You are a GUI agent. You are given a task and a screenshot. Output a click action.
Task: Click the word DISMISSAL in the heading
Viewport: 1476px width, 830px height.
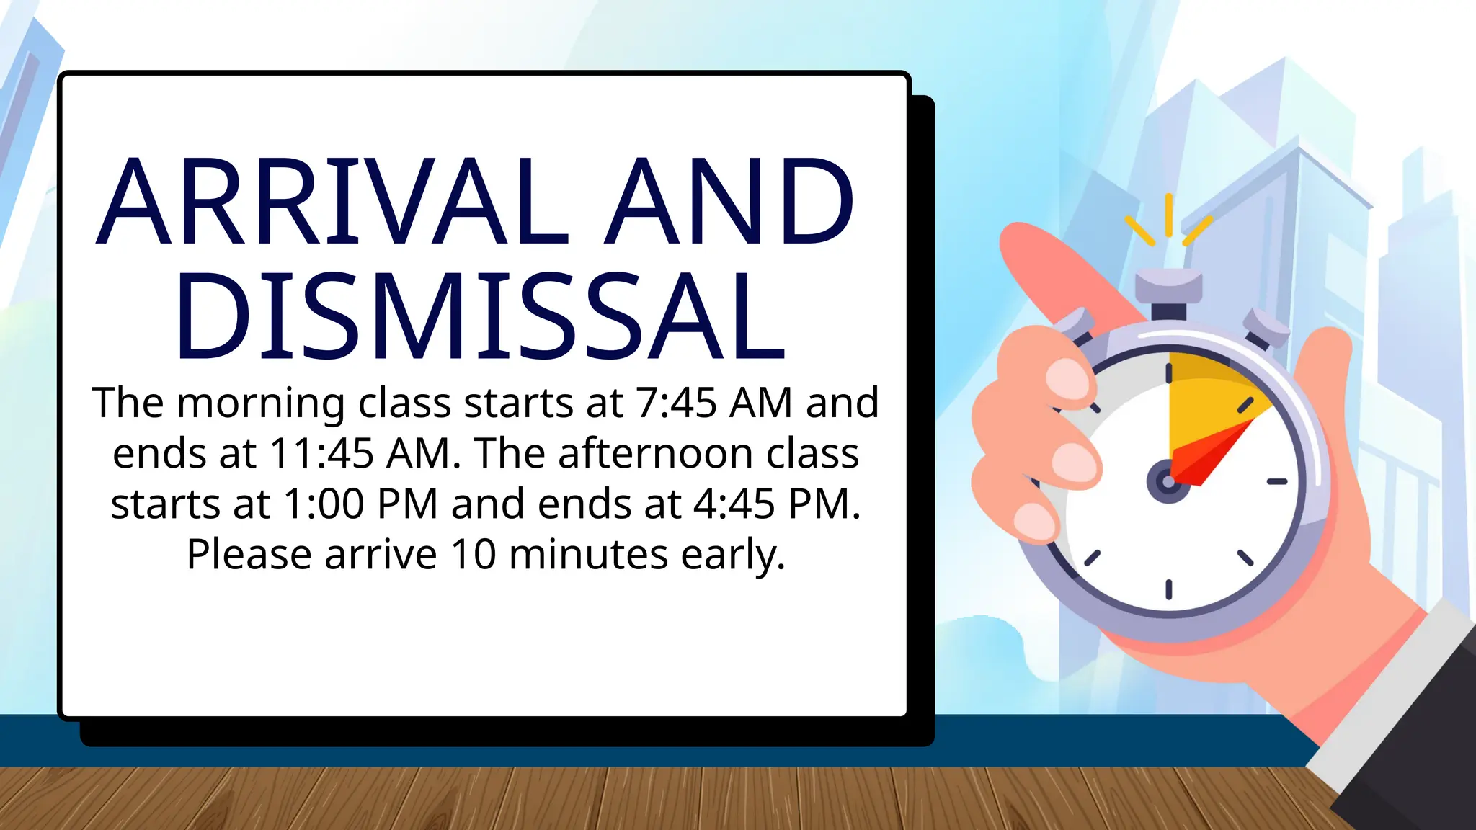(x=479, y=317)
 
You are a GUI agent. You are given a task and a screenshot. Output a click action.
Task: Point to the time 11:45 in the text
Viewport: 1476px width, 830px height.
(x=321, y=453)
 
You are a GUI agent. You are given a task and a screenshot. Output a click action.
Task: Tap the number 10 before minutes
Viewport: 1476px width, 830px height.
(x=474, y=554)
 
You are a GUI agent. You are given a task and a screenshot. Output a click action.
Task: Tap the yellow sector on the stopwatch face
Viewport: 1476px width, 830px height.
(x=1204, y=393)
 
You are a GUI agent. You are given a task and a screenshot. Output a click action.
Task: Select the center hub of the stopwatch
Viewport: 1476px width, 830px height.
(x=1168, y=481)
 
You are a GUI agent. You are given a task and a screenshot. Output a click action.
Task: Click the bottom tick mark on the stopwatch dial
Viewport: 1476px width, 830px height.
(x=1168, y=589)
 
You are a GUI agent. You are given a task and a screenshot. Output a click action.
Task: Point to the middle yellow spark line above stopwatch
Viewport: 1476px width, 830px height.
(x=1168, y=214)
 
